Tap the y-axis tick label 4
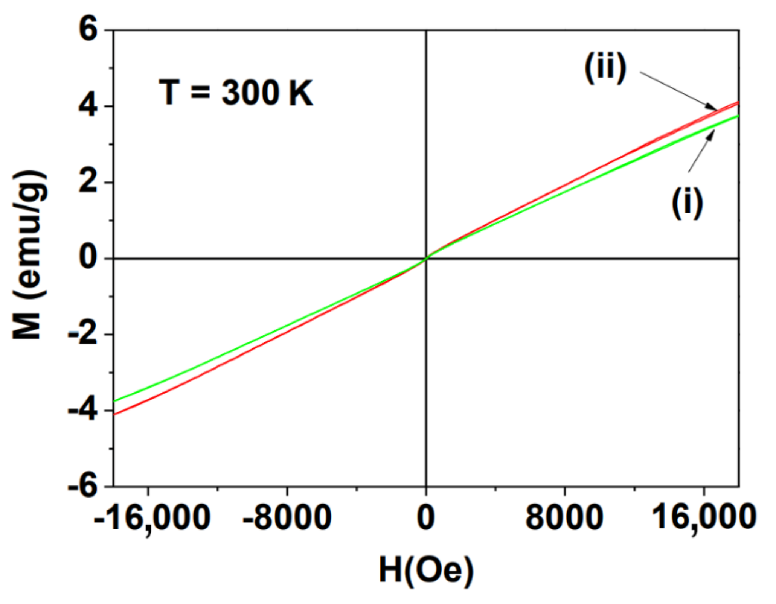point(88,106)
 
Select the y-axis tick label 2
point(88,183)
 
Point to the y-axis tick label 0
point(88,258)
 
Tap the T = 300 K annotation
point(236,93)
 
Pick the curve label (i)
point(688,203)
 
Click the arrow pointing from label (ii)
point(678,90)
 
